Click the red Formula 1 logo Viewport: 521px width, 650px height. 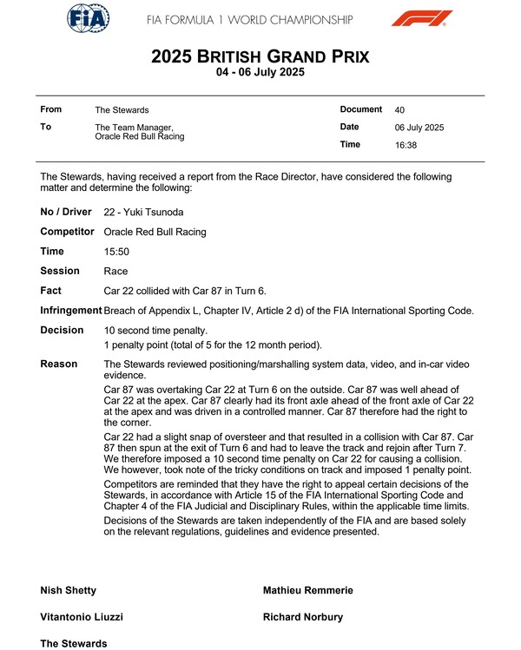(x=421, y=19)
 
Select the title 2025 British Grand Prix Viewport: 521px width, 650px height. (x=260, y=57)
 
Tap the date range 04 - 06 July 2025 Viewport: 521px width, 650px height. (x=260, y=74)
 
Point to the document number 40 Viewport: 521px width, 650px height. (x=399, y=110)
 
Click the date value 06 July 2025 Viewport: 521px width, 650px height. (x=419, y=128)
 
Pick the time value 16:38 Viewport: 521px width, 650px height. (x=406, y=145)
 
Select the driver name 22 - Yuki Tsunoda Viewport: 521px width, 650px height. (x=144, y=213)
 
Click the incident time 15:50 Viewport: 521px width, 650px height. (x=115, y=252)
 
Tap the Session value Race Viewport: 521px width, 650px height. (x=115, y=272)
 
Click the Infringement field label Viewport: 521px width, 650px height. (x=71, y=311)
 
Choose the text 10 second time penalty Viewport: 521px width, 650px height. (x=155, y=331)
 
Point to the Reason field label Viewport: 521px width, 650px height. (x=59, y=364)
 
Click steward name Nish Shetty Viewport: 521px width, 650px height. (x=69, y=590)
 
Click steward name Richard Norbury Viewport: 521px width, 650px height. (x=302, y=617)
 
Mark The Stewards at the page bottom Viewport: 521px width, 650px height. (x=74, y=643)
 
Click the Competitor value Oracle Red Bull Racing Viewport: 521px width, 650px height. (x=155, y=233)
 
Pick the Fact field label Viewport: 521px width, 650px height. (x=51, y=291)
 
